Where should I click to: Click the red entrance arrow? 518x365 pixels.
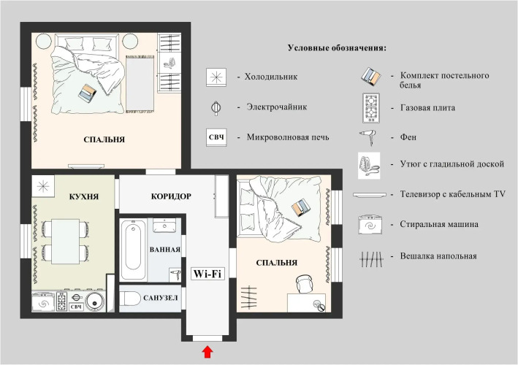[207, 352]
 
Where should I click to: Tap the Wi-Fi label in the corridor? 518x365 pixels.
[207, 274]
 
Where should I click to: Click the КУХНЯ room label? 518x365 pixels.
[84, 196]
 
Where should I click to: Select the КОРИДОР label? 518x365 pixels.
[171, 196]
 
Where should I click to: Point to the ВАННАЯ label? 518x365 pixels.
[165, 250]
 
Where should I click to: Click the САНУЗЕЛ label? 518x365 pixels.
[161, 298]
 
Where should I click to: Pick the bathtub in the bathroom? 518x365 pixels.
[133, 250]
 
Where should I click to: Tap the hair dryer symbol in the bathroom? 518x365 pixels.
[175, 274]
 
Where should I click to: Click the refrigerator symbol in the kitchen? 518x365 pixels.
[43, 186]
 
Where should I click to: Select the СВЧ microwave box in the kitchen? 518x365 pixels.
[76, 307]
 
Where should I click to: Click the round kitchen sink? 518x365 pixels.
[95, 301]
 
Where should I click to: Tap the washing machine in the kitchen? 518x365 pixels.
[43, 301]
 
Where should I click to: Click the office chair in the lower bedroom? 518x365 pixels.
[304, 284]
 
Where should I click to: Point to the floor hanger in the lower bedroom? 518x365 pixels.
[248, 297]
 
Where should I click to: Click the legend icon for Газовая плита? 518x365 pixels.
[370, 108]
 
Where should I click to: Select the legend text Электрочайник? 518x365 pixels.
[276, 107]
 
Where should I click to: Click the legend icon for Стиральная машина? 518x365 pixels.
[370, 224]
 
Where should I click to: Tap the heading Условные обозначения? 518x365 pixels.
[337, 48]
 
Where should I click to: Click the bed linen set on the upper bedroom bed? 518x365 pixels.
[88, 91]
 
